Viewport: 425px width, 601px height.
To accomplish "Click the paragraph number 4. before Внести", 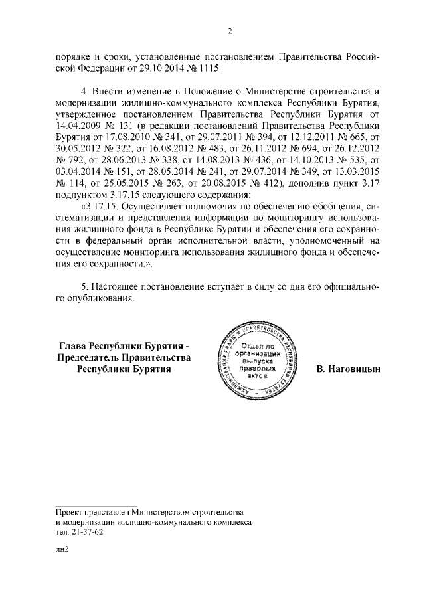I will (84, 90).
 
